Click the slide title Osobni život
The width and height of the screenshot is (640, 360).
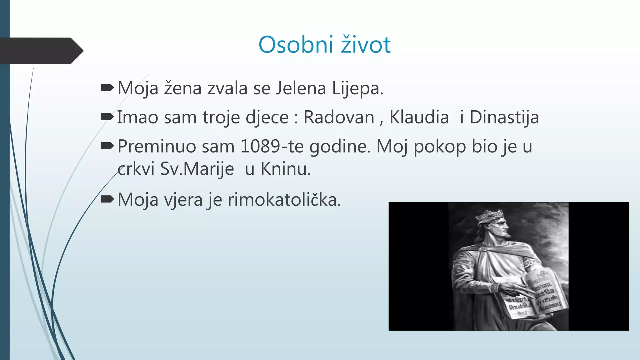(324, 45)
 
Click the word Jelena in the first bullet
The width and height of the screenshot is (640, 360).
(301, 88)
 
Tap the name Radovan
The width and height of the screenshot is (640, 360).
(339, 117)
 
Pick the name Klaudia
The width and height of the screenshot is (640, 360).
(419, 117)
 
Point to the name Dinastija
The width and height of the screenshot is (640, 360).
(504, 117)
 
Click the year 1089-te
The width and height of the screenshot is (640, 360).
(272, 146)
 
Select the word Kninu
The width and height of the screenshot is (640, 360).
(286, 169)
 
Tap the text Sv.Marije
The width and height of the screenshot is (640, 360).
(197, 169)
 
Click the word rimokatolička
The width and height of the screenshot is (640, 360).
(284, 200)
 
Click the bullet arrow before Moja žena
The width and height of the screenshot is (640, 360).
(107, 88)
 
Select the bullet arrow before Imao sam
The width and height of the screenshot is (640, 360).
(107, 117)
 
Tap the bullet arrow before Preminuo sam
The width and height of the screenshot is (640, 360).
(107, 146)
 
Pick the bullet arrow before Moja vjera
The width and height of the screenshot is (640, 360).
(107, 199)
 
